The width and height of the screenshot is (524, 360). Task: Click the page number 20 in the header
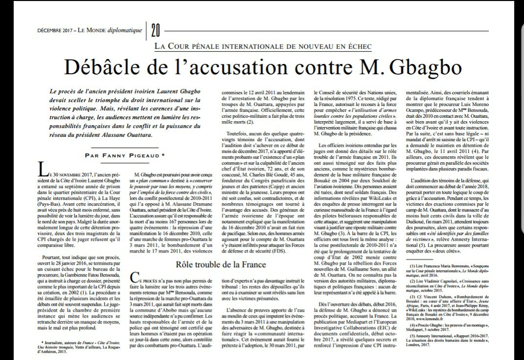pyautogui.click(x=155, y=31)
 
